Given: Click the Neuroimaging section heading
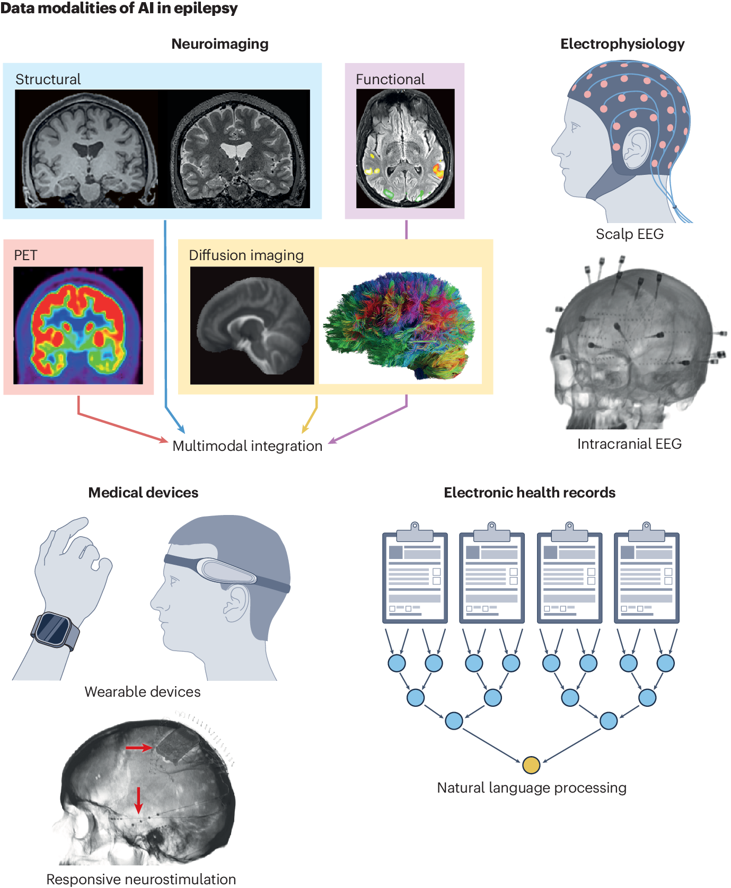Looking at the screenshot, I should pyautogui.click(x=219, y=44).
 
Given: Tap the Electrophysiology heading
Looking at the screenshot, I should pyautogui.click(x=622, y=44).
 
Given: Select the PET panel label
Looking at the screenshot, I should pyautogui.click(x=25, y=255).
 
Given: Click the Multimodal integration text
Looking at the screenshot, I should pyautogui.click(x=247, y=446).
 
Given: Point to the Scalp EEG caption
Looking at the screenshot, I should pyautogui.click(x=629, y=234).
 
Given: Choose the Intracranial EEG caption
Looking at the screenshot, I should pyautogui.click(x=629, y=444).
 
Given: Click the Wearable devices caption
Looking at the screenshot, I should pyautogui.click(x=143, y=692).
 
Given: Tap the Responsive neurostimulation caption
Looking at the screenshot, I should pyautogui.click(x=141, y=880).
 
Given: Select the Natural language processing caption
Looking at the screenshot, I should pyautogui.click(x=531, y=788).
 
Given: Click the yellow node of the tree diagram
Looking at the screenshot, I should pyautogui.click(x=531, y=765).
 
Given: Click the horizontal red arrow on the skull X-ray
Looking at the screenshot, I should pyautogui.click(x=139, y=748).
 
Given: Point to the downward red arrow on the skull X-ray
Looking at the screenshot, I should pyautogui.click(x=138, y=800).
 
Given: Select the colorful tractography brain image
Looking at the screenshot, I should pyautogui.click(x=400, y=325).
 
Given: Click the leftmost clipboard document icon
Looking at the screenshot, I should pyautogui.click(x=415, y=575).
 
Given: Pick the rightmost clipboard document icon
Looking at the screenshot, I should pyautogui.click(x=646, y=575).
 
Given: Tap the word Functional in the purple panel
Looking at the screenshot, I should pyautogui.click(x=390, y=79).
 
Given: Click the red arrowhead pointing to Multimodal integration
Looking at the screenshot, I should pyautogui.click(x=164, y=439).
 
